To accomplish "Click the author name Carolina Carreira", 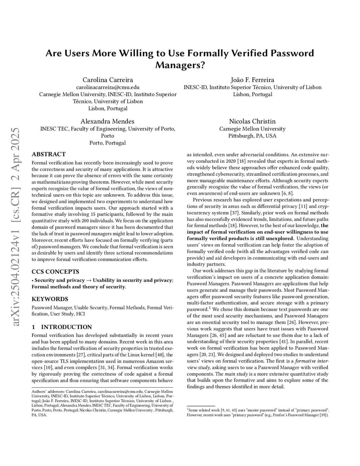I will (108, 80).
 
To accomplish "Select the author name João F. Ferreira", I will (253, 80).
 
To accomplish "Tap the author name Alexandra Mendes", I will (107, 121).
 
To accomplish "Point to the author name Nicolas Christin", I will (252, 121).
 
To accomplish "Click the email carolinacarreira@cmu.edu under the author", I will (108, 87).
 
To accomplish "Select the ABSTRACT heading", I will (49, 154).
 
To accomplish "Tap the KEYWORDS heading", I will (50, 299).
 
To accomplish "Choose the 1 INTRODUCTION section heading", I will (62, 327).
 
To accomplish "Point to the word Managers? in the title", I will (180, 65).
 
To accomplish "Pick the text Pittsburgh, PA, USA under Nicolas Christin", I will (252, 136).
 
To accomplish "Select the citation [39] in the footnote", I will (323, 415).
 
